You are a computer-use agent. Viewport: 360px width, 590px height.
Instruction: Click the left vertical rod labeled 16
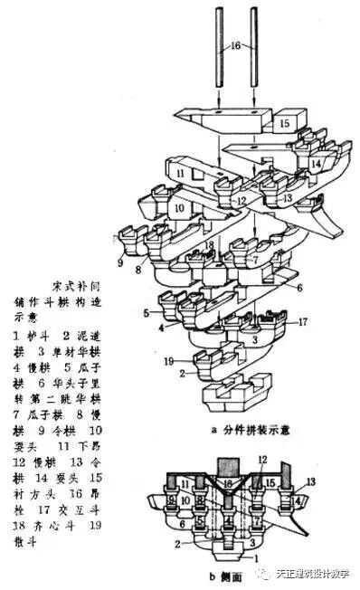coord(220,50)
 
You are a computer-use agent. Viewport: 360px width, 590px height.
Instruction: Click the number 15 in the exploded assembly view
coord(283,122)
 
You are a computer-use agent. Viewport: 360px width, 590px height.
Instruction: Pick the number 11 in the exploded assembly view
coord(181,173)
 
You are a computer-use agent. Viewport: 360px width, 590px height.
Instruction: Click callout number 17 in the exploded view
coord(304,321)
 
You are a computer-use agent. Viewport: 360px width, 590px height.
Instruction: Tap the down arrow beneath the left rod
coord(220,107)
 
